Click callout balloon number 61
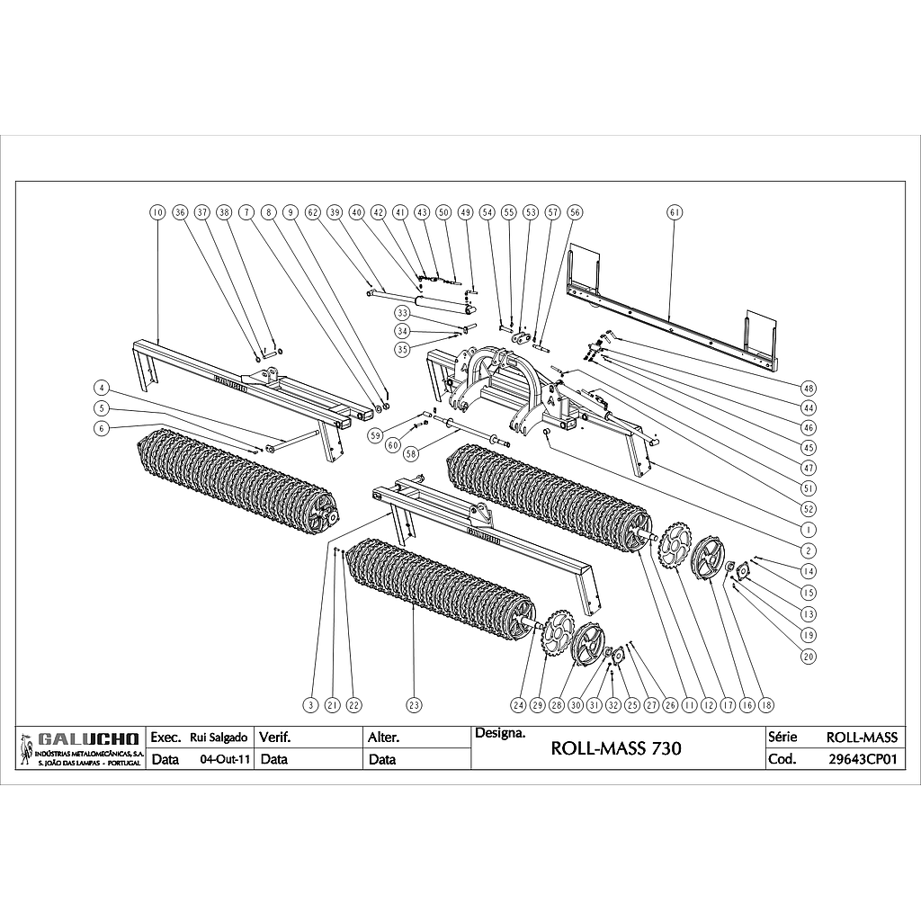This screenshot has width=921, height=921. point(675,212)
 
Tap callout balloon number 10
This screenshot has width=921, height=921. point(157,212)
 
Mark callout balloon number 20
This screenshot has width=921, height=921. point(808,657)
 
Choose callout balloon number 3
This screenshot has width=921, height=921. point(310,705)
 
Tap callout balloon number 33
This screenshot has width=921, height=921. point(402,313)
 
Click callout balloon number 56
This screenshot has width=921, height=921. point(575,212)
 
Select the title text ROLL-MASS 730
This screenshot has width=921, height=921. point(615,747)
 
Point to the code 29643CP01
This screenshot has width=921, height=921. point(863,758)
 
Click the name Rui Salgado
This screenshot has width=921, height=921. point(213,738)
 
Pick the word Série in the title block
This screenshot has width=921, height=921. point(778,737)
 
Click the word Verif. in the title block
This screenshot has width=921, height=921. point(275,738)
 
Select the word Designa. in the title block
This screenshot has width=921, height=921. point(499,733)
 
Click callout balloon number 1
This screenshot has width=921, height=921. point(808,530)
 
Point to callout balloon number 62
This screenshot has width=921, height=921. point(312,212)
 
